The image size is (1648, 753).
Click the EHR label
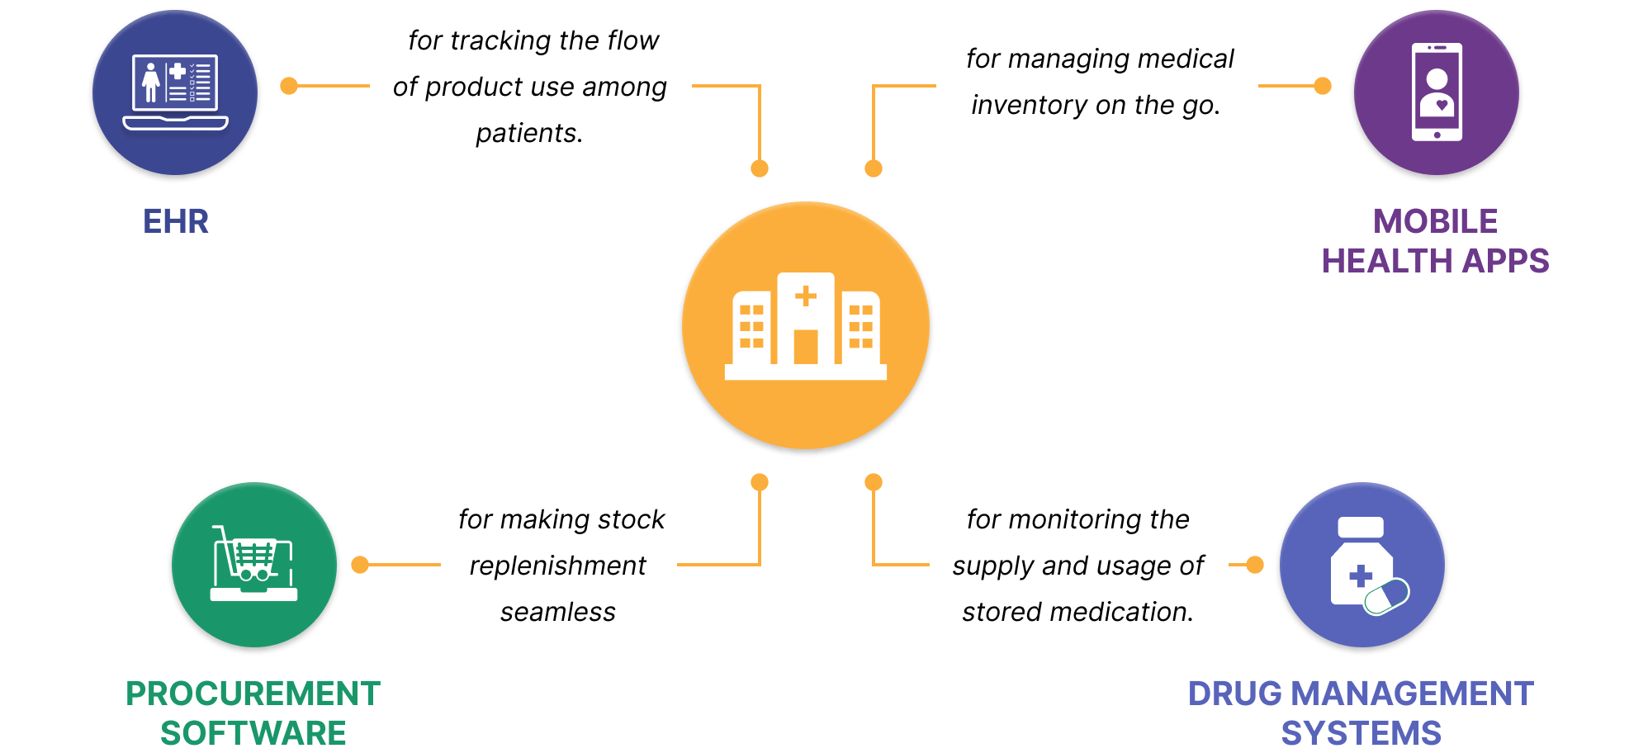pyautogui.click(x=175, y=221)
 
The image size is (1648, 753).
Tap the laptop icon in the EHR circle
pyautogui.click(x=175, y=92)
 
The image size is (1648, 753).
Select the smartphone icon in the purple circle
pyautogui.click(x=1437, y=92)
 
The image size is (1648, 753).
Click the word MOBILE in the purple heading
pyautogui.click(x=1435, y=221)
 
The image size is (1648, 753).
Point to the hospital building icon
pyautogui.click(x=805, y=326)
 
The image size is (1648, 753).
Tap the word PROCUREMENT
pyautogui.click(x=253, y=694)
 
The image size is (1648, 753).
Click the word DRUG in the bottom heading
pyautogui.click(x=1234, y=694)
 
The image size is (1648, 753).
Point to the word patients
pyautogui.click(x=528, y=133)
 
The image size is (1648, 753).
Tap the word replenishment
pyautogui.click(x=557, y=566)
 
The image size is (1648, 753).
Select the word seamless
pyautogui.click(x=557, y=612)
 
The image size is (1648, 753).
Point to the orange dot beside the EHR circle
pyautogui.click(x=289, y=86)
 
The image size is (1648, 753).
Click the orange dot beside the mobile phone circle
pyautogui.click(x=1323, y=86)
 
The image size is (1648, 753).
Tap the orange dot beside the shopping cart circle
pyautogui.click(x=360, y=565)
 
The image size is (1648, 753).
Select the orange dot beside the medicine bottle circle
pyautogui.click(x=1255, y=565)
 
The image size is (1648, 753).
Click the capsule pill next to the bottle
pyautogui.click(x=1387, y=596)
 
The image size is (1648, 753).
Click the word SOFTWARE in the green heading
pyautogui.click(x=253, y=733)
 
